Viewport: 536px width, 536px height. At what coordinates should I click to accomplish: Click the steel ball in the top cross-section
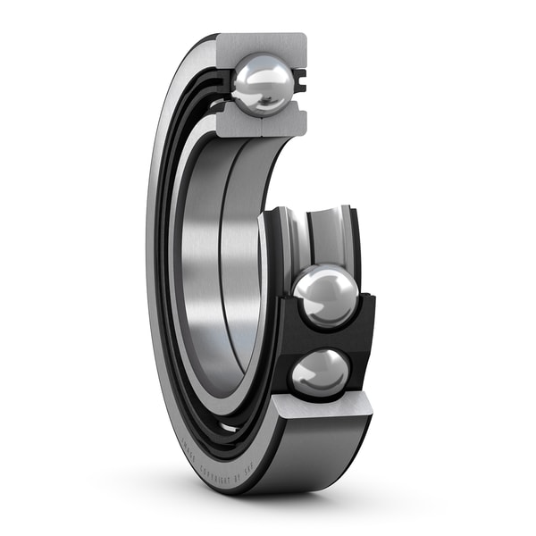(262, 85)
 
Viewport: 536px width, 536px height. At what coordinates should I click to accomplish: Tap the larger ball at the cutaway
(325, 297)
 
